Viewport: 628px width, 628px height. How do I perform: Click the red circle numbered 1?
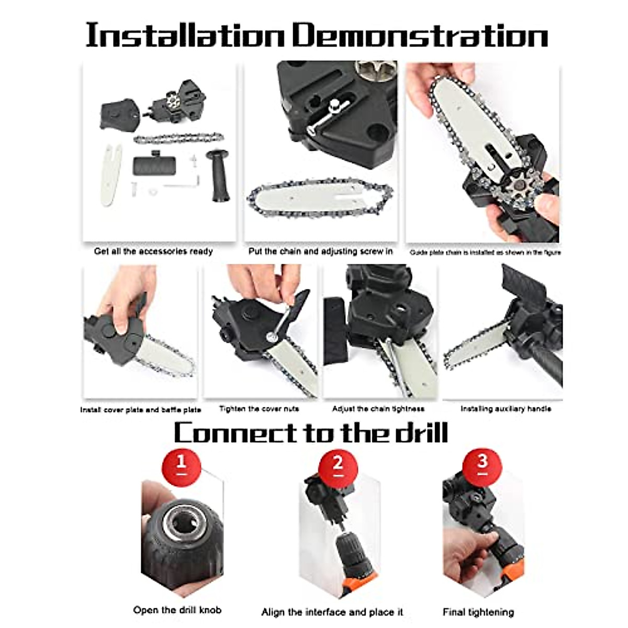coord(181,463)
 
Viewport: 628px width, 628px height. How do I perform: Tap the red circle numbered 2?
coord(338,463)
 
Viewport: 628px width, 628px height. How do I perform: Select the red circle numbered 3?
coord(482,463)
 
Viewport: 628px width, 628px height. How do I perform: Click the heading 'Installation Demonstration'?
coord(316,36)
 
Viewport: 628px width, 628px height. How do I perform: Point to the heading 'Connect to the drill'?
coord(311,433)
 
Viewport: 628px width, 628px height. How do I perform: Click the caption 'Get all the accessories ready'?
coord(153,251)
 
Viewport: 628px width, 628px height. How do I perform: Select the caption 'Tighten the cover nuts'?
coord(259,409)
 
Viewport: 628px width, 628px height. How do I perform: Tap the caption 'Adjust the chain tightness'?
coord(378,409)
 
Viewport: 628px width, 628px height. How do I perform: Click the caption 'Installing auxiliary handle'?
coord(506,409)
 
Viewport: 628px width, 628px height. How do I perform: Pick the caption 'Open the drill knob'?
coord(177,610)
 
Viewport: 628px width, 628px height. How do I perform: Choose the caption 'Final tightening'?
coord(478,612)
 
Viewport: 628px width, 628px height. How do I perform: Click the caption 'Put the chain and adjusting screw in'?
coord(320,251)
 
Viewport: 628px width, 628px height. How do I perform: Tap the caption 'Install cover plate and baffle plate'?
coord(140,410)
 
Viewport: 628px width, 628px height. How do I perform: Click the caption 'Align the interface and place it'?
coord(332,612)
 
